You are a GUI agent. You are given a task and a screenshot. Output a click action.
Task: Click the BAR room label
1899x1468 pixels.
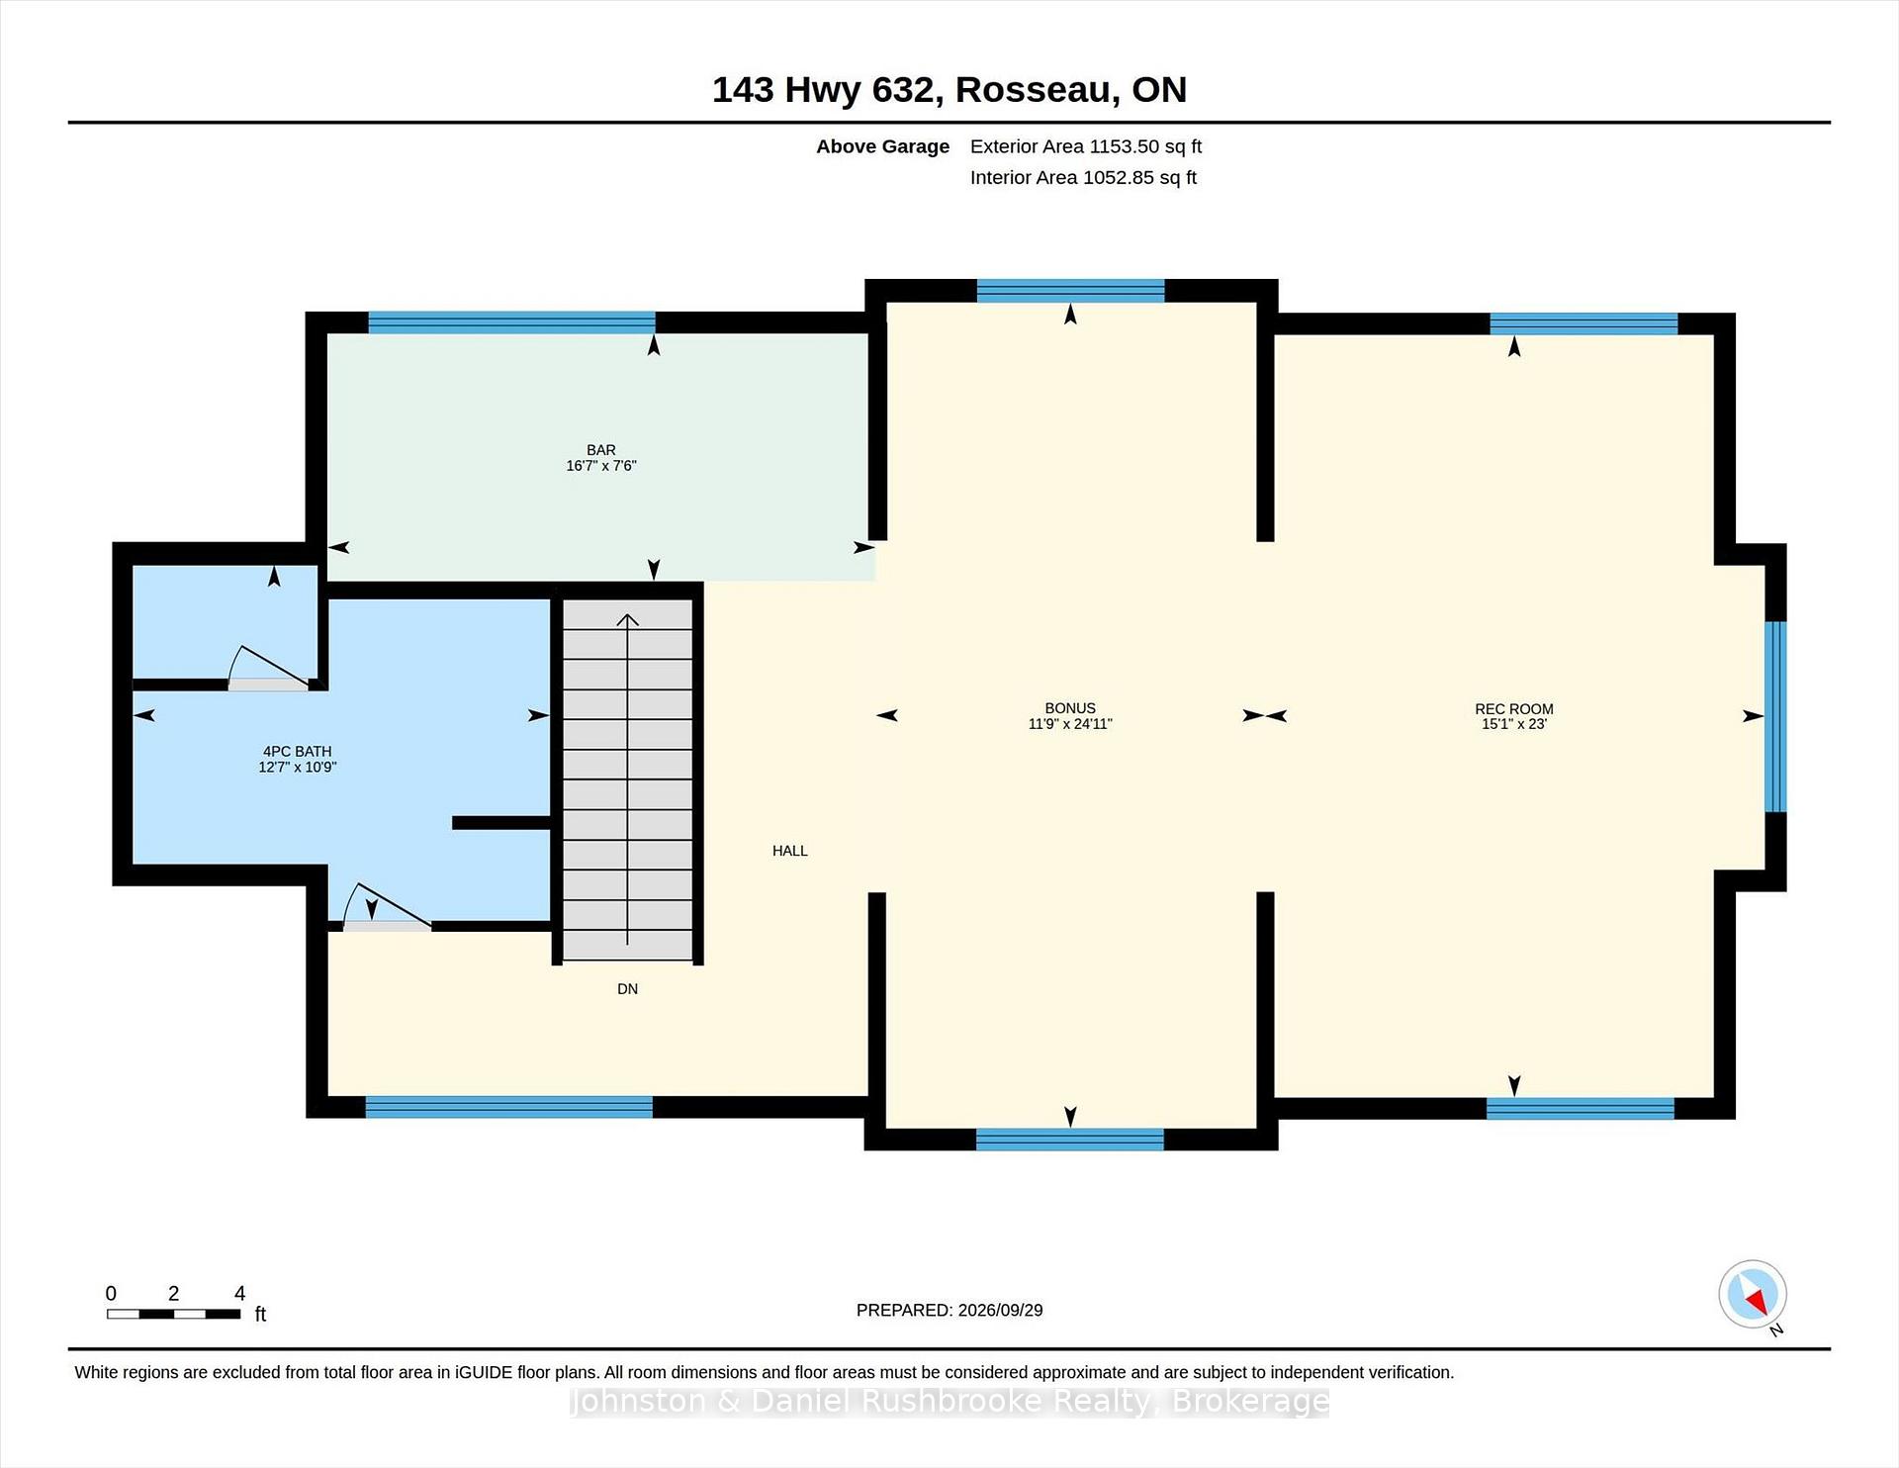(601, 450)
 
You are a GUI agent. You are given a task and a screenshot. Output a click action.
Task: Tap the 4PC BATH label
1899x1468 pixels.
(298, 752)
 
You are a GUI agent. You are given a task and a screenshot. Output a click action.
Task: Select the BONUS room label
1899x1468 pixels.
(1070, 708)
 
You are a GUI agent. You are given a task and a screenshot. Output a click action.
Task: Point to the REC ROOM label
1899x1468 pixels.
(1514, 709)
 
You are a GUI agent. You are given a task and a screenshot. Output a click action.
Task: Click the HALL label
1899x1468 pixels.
(790, 851)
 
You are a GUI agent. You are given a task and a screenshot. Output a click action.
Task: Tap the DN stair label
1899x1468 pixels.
(628, 989)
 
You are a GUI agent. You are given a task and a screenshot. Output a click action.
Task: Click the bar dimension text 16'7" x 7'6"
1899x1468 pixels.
(601, 466)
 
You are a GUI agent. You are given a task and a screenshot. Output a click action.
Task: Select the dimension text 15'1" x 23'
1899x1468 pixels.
(1514, 724)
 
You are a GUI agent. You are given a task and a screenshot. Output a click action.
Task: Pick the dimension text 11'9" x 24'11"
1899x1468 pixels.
(1070, 724)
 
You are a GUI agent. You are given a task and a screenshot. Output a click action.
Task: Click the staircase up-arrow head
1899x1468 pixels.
(628, 620)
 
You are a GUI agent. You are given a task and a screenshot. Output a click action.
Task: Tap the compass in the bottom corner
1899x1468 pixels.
(1753, 1294)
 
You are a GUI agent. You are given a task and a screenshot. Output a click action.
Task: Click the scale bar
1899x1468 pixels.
(174, 1315)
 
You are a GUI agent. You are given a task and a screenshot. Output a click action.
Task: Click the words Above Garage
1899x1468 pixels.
(883, 146)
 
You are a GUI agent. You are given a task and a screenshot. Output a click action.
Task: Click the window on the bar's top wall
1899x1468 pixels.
(511, 322)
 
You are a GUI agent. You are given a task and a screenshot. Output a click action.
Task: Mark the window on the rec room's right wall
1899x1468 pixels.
(1776, 716)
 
